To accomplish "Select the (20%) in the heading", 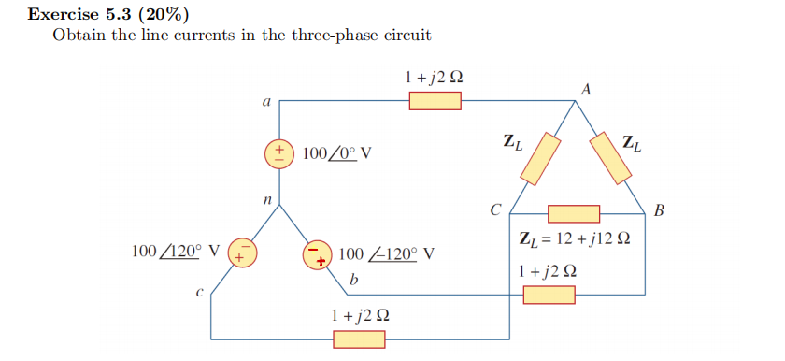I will click(163, 15).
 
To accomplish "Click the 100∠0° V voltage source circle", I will click(279, 152).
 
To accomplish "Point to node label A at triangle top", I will click(586, 90).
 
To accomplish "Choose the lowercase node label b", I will click(353, 280).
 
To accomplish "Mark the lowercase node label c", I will click(199, 292).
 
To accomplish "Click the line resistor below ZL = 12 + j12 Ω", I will click(549, 296).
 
